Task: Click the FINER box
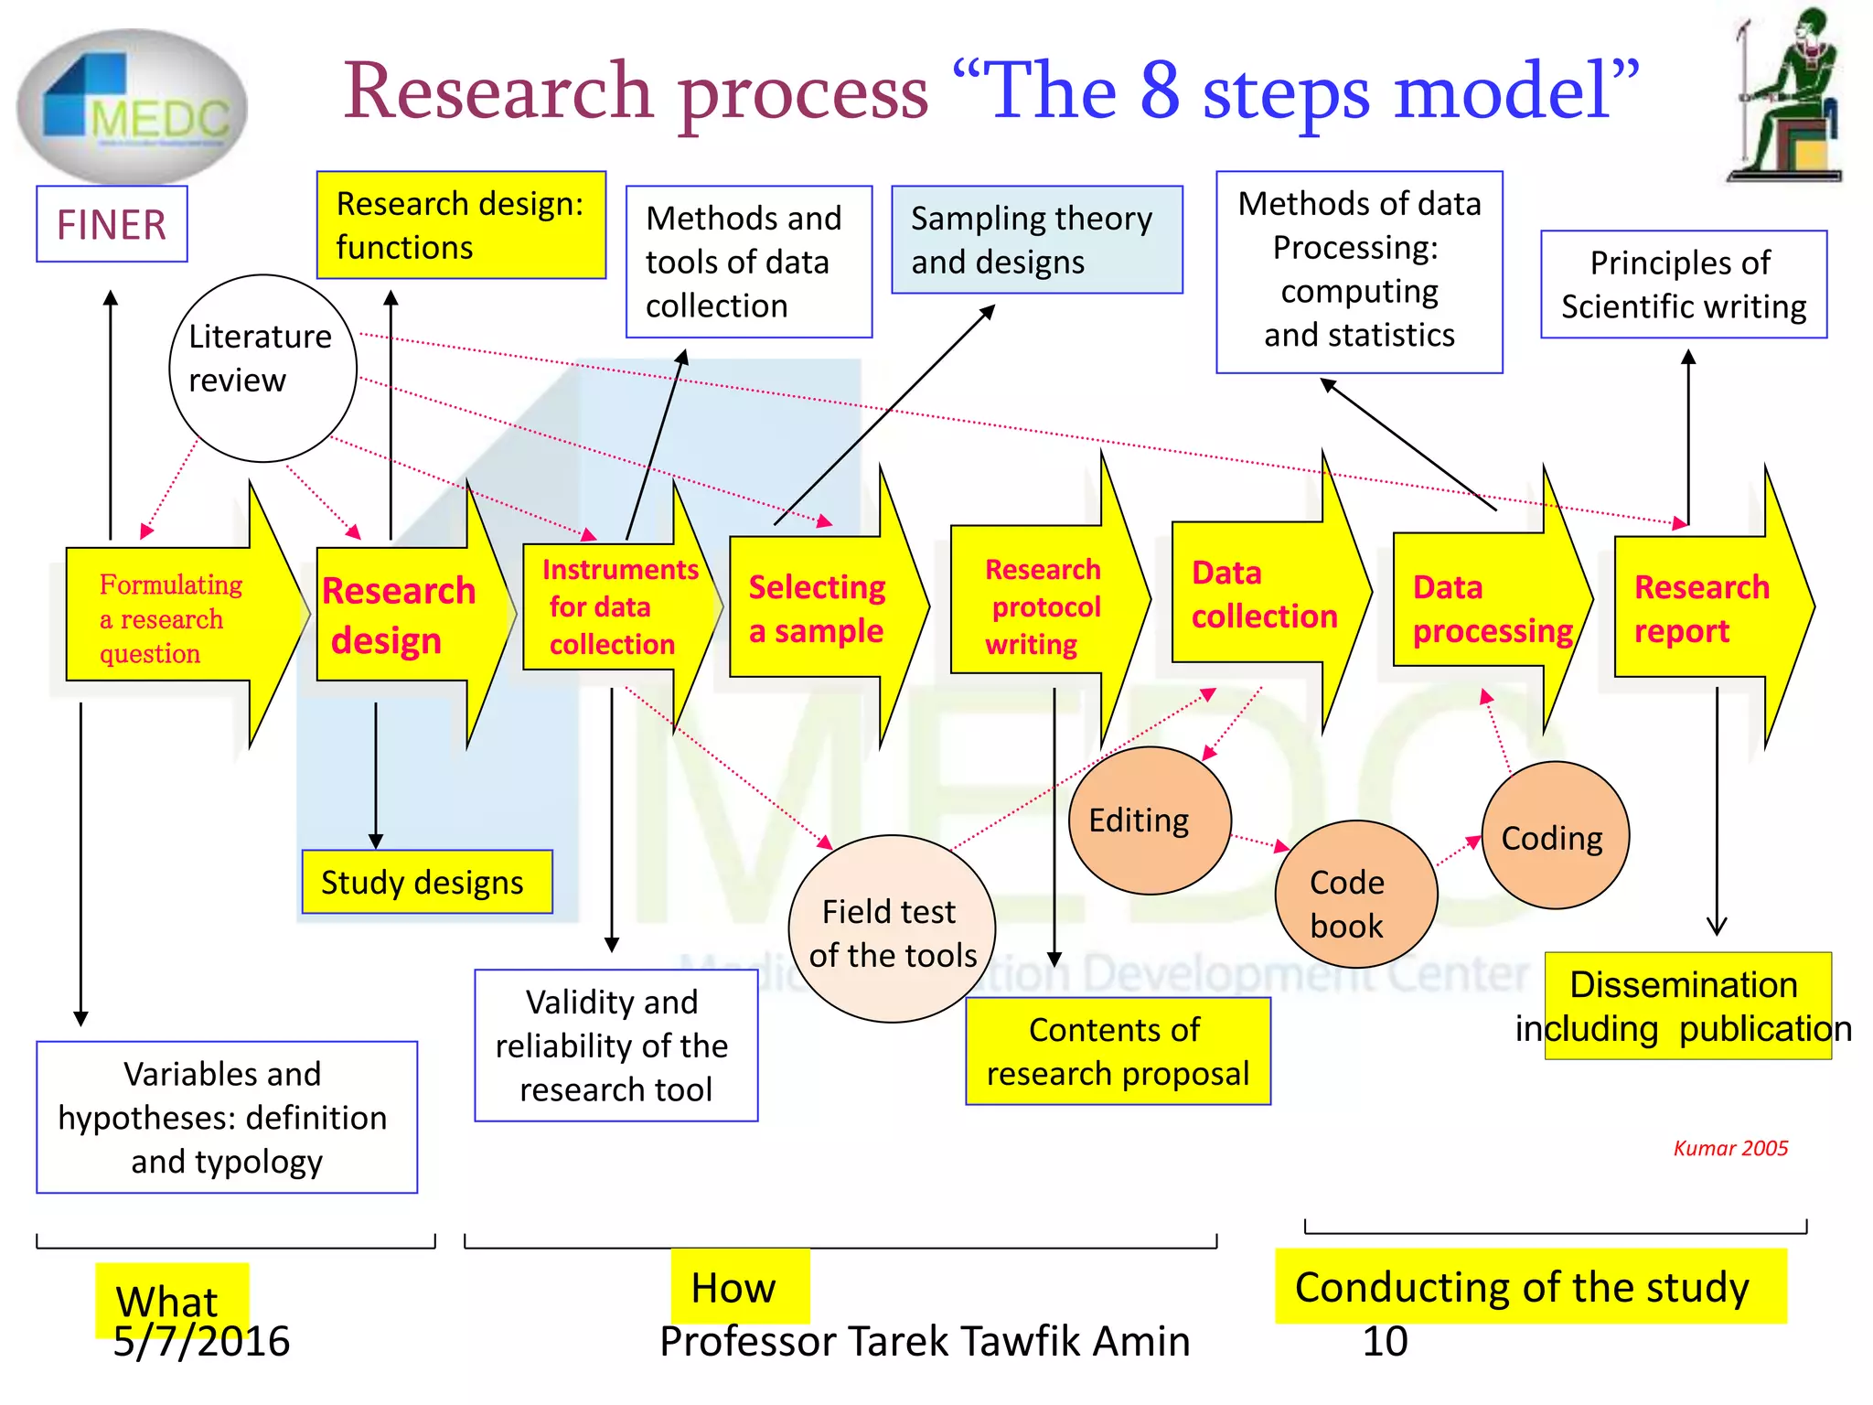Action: [112, 224]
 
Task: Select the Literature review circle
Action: [262, 368]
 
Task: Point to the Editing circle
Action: [1150, 820]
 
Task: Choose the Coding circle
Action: [1555, 836]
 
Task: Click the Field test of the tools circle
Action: [892, 928]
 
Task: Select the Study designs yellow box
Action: [427, 882]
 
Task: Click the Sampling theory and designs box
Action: [1036, 240]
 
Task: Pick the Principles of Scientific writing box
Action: [1683, 284]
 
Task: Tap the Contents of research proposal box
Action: [1118, 1051]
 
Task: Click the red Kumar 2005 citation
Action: [1729, 1148]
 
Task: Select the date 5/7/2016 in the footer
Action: [201, 1342]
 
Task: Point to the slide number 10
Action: [1384, 1342]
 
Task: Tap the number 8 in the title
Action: [1160, 91]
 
